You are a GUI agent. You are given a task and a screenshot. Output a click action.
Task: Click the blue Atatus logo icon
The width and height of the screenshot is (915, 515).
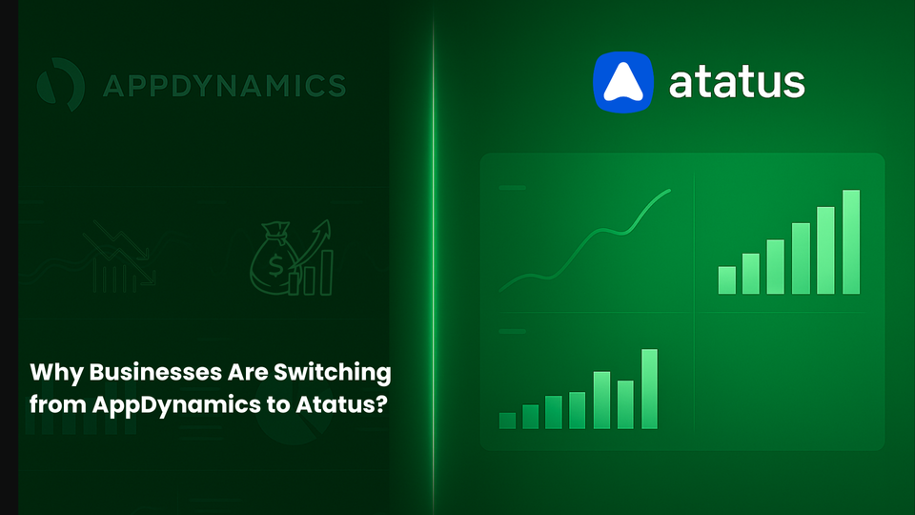tap(624, 82)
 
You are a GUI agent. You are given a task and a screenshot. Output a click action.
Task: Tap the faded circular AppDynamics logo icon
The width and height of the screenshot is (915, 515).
tap(59, 85)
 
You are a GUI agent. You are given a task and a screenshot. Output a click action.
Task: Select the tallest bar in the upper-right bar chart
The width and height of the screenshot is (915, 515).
tap(851, 241)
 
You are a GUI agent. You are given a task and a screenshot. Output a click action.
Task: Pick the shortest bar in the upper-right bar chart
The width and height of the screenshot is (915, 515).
tap(727, 279)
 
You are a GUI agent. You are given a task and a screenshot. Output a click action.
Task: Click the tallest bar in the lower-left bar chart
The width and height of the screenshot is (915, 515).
tap(650, 388)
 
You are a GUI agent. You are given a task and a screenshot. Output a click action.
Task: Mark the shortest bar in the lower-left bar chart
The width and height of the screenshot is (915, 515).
tap(507, 420)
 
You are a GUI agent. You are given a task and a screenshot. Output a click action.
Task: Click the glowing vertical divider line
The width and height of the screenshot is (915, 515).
tap(435, 257)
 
